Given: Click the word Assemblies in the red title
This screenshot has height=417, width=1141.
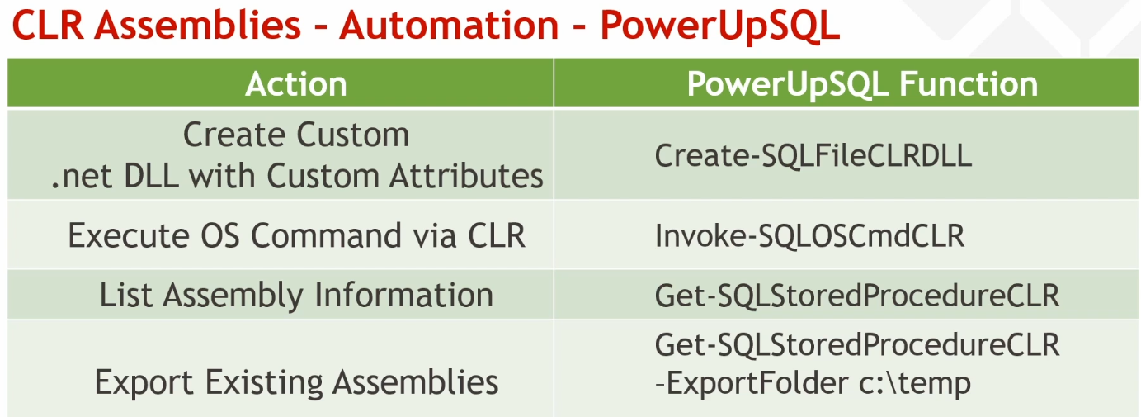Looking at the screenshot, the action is tap(198, 25).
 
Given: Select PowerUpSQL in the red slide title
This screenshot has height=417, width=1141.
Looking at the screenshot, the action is tap(719, 26).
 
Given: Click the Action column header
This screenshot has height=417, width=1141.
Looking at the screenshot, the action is tap(296, 83).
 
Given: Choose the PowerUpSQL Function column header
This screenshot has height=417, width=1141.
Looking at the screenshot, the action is tap(862, 83).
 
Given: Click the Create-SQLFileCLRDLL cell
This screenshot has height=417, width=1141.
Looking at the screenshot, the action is tap(813, 155).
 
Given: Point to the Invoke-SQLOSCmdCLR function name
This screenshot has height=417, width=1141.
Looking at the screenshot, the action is tap(810, 235).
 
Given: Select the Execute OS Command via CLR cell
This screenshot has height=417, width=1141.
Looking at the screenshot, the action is tap(296, 235).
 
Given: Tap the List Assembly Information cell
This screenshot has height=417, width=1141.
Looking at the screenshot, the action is tap(296, 295).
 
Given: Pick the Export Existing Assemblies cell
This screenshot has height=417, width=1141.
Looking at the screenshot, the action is tap(296, 381).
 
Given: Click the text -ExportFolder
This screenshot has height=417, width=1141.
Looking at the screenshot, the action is tap(752, 383).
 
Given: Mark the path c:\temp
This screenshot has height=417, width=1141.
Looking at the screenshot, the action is tap(915, 383).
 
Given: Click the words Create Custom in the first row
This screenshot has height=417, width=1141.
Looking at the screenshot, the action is tap(296, 135).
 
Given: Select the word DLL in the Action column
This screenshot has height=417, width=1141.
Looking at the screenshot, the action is tap(151, 176).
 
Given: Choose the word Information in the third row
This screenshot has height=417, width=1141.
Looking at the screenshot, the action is tap(404, 295).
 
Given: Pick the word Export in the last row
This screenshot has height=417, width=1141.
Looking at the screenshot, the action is tap(144, 382).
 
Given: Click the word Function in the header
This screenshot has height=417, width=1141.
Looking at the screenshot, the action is tap(969, 83).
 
